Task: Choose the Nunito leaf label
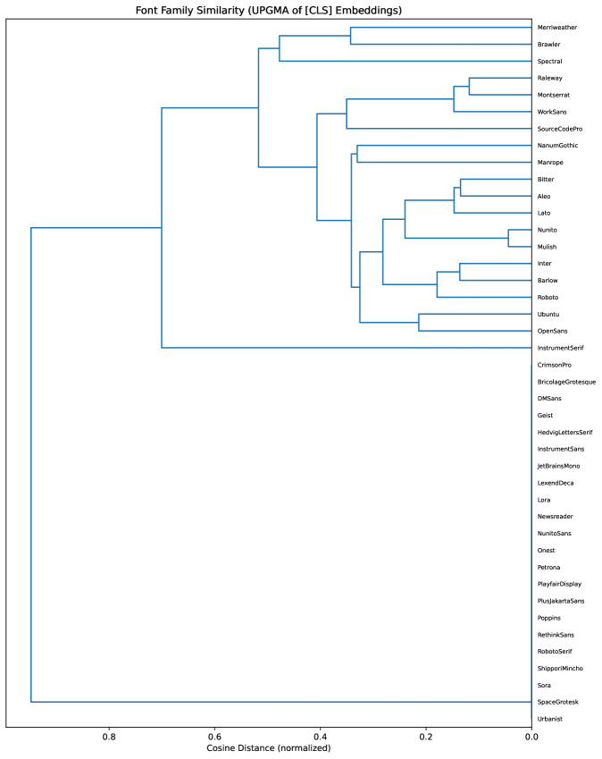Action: point(547,230)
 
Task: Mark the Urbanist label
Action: point(549,719)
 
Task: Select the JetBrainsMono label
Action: point(558,466)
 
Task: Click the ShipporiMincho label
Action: point(560,668)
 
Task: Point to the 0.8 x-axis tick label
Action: point(109,737)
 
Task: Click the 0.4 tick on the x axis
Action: point(321,737)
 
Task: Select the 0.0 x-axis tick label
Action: point(532,737)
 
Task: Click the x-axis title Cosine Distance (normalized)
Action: point(269,747)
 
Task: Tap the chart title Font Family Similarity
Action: point(269,9)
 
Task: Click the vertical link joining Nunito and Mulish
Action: point(508,238)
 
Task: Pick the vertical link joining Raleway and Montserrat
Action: point(469,87)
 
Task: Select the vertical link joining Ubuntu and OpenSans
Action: point(419,323)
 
